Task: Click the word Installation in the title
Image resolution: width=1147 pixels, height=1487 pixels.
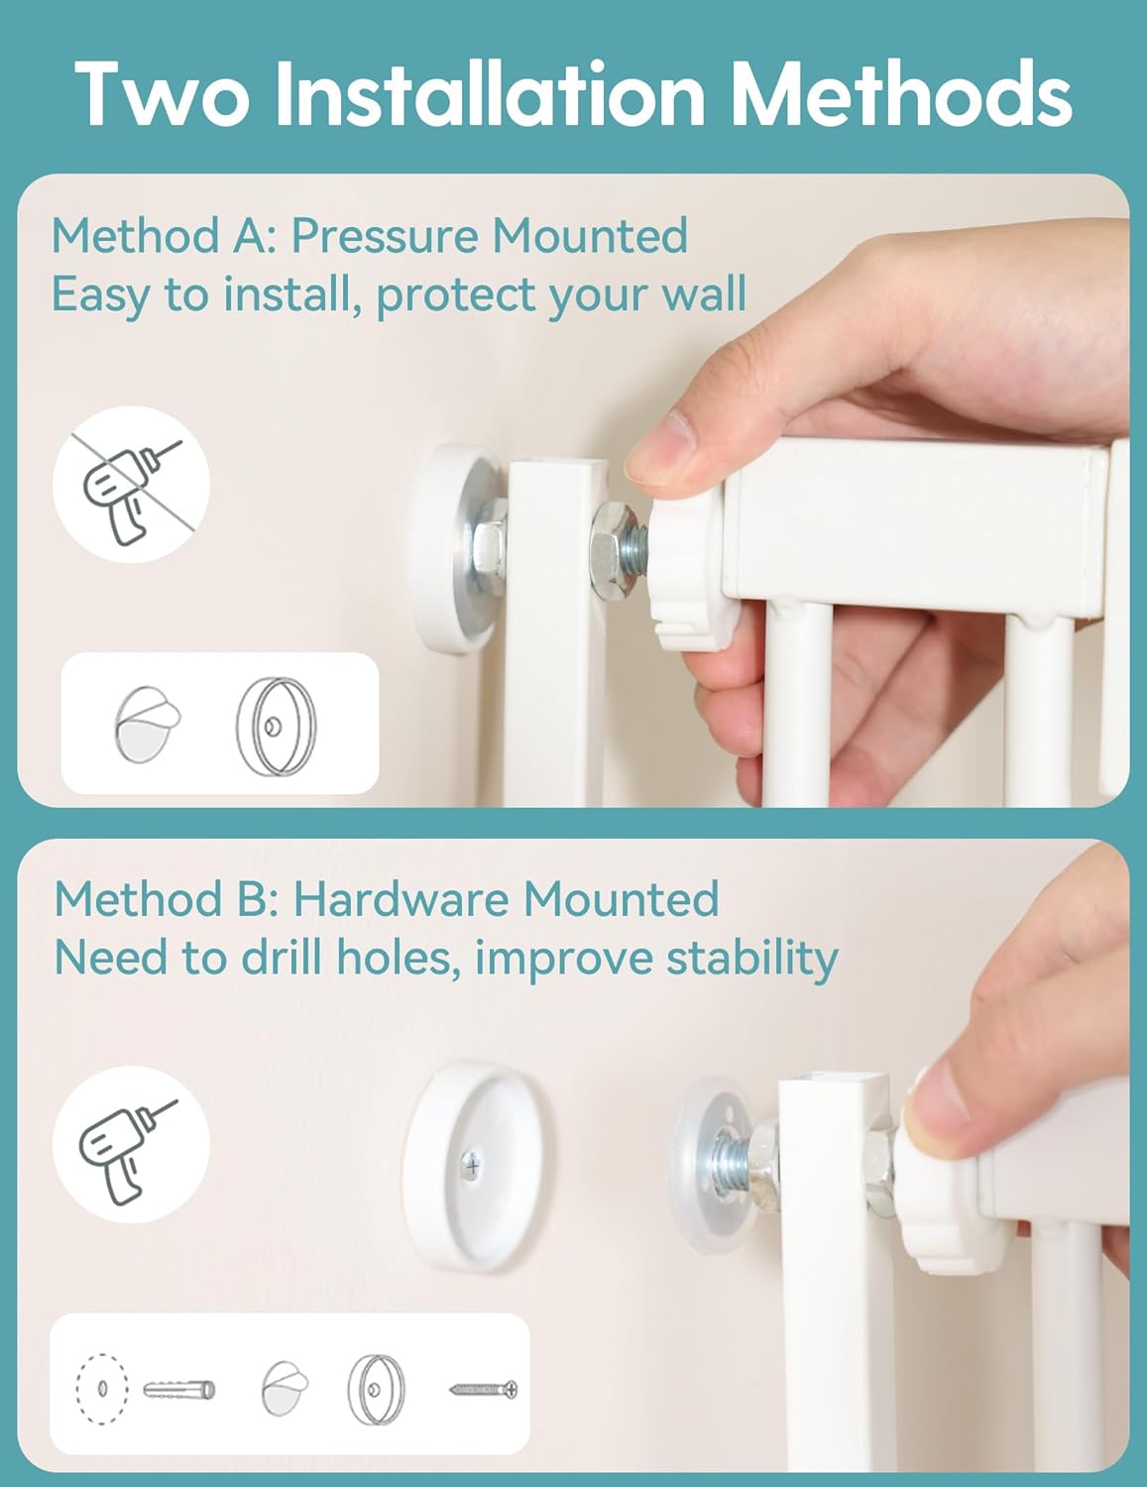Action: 490,93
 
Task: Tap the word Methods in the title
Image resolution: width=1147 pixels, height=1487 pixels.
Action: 901,93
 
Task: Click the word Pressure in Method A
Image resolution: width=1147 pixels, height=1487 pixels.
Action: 385,236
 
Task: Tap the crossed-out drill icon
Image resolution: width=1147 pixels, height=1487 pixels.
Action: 132,484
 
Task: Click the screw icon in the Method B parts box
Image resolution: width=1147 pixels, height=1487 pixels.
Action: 483,1390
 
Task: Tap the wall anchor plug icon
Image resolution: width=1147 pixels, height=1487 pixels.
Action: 179,1390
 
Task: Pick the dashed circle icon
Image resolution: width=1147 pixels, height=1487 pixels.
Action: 102,1389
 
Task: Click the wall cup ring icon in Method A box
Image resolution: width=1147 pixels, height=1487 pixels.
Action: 277,727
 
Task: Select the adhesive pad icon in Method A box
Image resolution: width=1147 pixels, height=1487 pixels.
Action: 147,724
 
